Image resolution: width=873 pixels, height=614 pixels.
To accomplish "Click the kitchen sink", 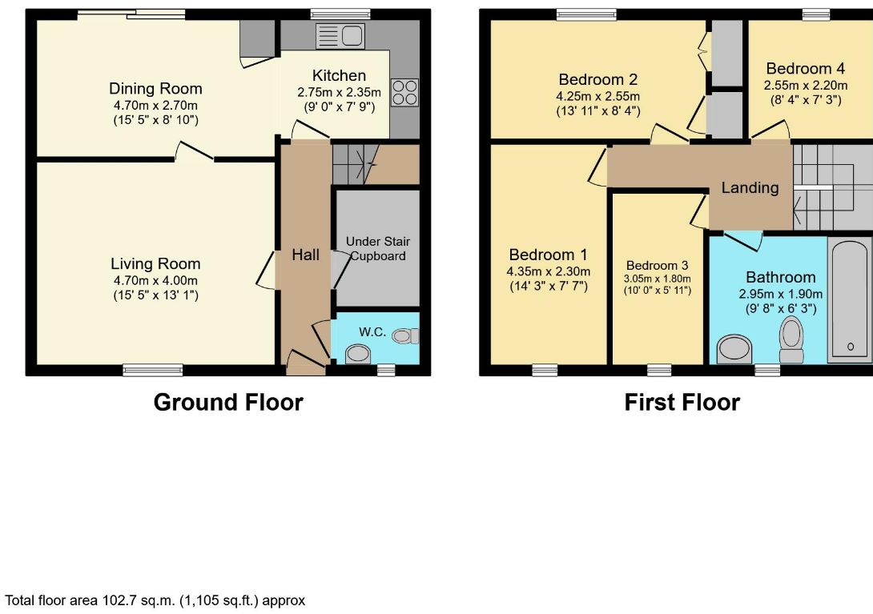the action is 340,36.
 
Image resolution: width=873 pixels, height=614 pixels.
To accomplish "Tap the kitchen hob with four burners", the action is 404,92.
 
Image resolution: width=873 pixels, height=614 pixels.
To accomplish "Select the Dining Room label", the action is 155,89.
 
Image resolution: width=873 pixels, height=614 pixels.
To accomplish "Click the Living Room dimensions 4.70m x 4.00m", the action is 155,280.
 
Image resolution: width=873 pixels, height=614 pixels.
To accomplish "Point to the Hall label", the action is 306,255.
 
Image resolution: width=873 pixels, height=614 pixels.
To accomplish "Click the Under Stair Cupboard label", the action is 378,249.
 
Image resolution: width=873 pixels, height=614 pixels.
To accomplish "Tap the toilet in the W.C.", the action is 405,335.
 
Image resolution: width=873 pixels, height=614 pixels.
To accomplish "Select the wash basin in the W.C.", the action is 358,354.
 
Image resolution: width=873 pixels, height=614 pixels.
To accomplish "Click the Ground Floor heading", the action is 228,402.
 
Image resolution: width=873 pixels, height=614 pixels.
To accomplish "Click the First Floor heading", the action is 682,402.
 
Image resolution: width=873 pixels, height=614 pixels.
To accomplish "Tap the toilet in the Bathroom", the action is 792,339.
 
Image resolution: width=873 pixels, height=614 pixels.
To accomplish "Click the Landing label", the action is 750,187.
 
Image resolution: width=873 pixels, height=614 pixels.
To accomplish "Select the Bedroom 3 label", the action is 657,266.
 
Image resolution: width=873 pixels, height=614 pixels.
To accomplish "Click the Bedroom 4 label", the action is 805,69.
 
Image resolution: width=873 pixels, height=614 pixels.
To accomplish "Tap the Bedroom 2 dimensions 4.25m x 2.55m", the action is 598,96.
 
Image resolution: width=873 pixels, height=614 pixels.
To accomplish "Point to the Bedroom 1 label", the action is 549,255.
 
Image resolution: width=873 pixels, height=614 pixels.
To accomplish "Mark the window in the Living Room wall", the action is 152,370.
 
